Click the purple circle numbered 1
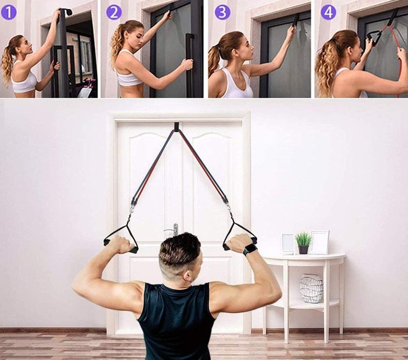tap(9, 12)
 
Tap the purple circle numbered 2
tap(114, 12)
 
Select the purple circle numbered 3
tap(222, 12)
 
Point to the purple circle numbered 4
tap(328, 12)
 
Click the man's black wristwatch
tap(249, 249)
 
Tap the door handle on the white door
tap(172, 230)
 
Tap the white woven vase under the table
tap(311, 289)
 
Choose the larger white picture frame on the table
tap(319, 242)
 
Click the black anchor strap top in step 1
tap(66, 12)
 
